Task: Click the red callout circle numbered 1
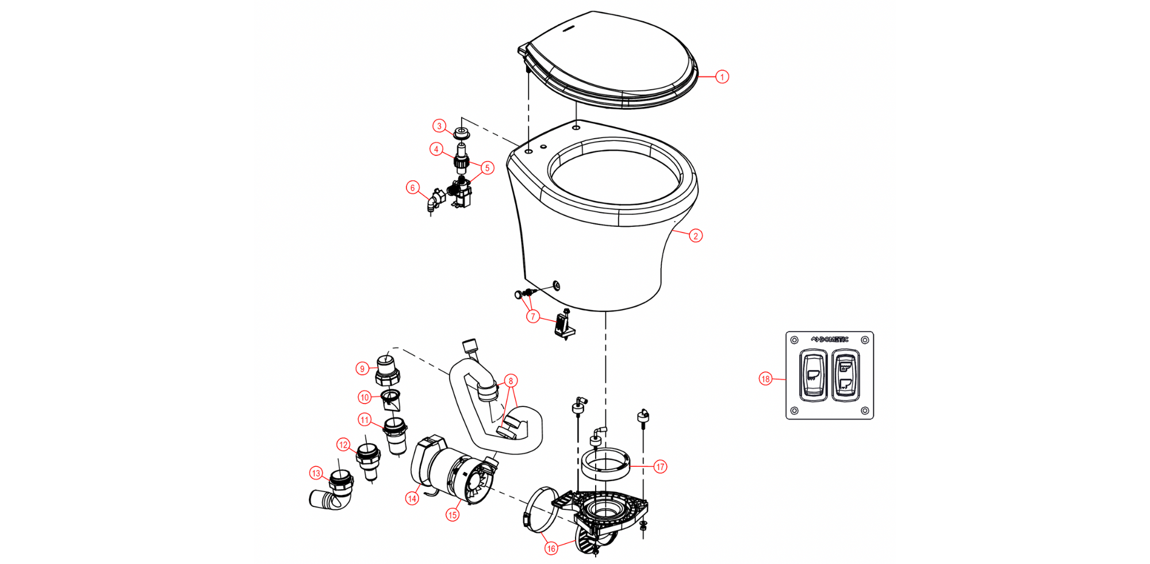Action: pos(722,77)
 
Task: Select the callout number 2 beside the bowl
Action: pos(696,235)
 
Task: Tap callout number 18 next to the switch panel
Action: pos(765,379)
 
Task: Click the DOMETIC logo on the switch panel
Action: pos(830,340)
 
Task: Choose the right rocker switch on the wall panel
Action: pos(845,375)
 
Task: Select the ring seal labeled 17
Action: pos(605,464)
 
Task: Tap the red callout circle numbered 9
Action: pos(362,369)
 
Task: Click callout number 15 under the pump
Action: pos(453,515)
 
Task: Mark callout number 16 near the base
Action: pos(551,548)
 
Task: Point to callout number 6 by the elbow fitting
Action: pos(412,188)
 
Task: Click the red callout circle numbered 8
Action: pos(510,381)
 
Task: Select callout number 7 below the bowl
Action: pos(533,317)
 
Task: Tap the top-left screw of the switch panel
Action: pos(795,340)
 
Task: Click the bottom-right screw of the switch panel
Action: pos(865,410)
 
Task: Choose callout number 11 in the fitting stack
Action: pos(365,420)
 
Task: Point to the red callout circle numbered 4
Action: pos(436,150)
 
